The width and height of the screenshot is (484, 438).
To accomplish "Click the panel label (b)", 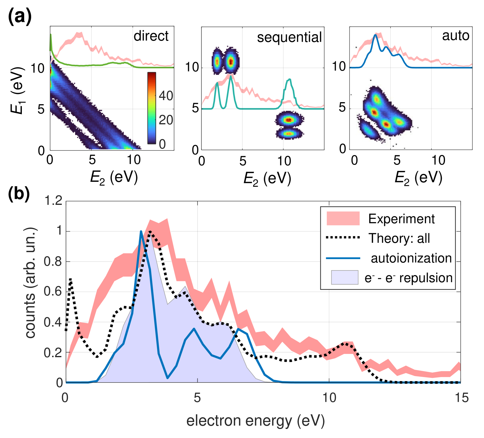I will [19, 193].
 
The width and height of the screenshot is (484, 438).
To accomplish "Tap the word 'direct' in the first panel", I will [151, 36].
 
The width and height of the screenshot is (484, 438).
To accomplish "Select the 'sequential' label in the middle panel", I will [289, 37].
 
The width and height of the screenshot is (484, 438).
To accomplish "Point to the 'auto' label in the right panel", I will [455, 36].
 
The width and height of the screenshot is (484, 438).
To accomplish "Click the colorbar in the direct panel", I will [151, 108].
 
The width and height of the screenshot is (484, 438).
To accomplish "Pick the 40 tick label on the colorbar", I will [166, 96].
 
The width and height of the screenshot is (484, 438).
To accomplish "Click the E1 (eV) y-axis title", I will [17, 90].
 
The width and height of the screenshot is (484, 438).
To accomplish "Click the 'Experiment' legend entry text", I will [401, 219].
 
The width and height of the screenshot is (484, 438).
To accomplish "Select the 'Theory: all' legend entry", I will [399, 238].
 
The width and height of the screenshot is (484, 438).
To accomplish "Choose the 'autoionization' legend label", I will [411, 258].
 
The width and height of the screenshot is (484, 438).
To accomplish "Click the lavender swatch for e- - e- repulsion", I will [345, 277].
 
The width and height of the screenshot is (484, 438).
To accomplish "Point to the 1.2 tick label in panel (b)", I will [53, 201].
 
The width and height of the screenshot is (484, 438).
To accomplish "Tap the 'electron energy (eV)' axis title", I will [255, 421].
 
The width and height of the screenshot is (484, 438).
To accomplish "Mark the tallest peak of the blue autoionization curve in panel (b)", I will [141, 231].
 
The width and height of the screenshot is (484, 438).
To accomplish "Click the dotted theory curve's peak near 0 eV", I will [70, 279].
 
